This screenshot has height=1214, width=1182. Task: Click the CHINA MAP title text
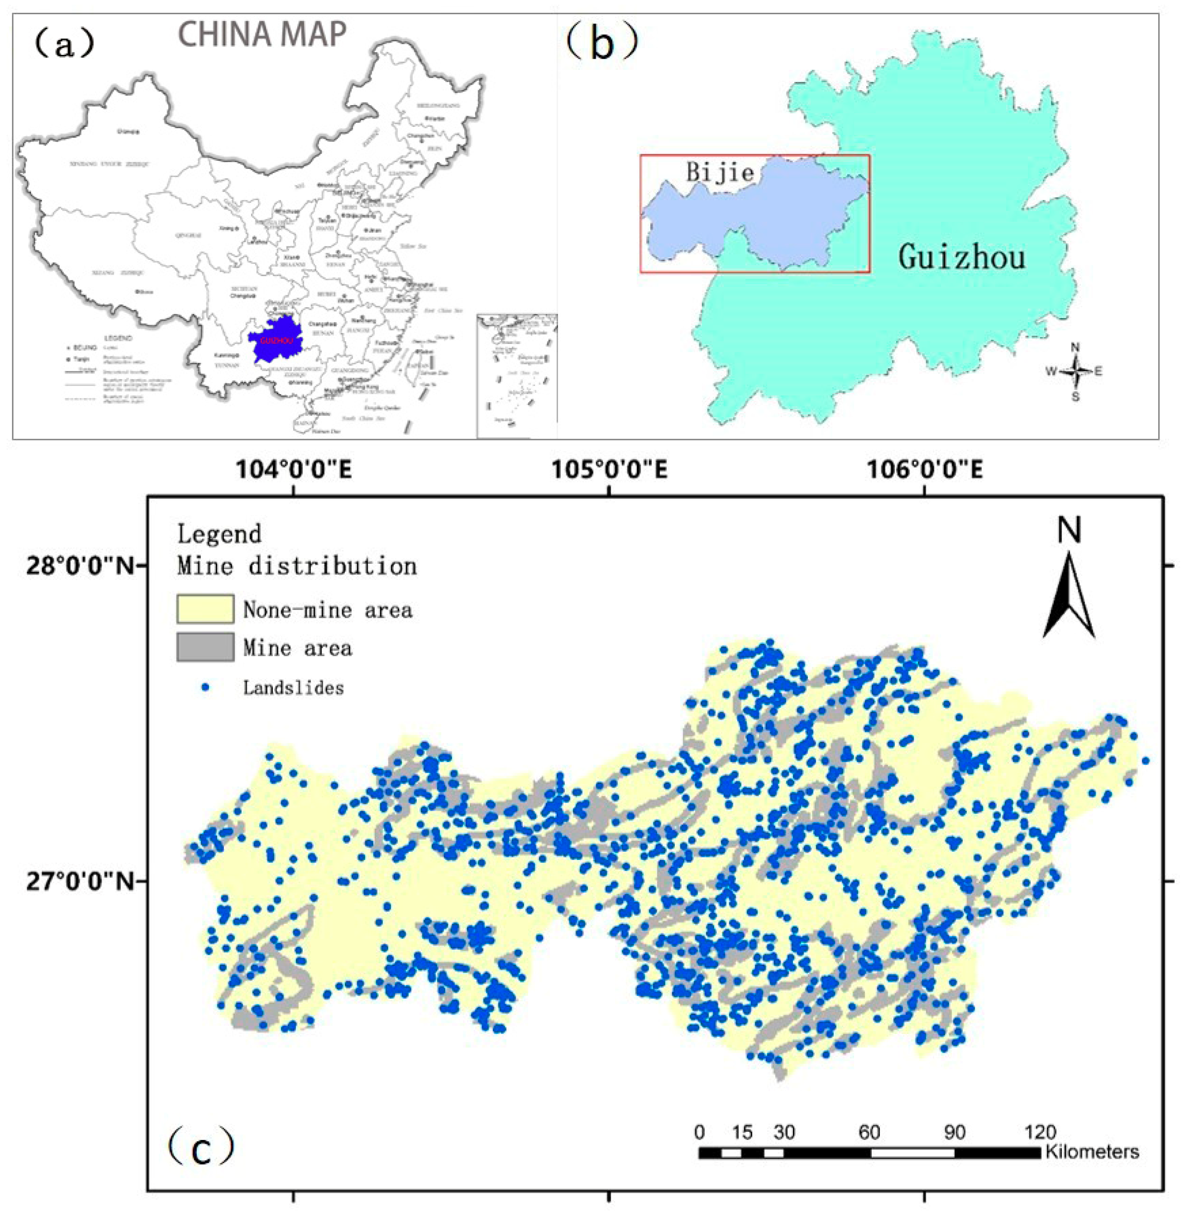(x=262, y=34)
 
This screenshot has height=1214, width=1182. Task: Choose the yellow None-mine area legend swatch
(x=206, y=609)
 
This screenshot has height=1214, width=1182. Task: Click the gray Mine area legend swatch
(x=206, y=647)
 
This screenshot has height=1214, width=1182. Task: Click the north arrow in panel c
(x=1068, y=597)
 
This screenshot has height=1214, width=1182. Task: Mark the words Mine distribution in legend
(x=297, y=566)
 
